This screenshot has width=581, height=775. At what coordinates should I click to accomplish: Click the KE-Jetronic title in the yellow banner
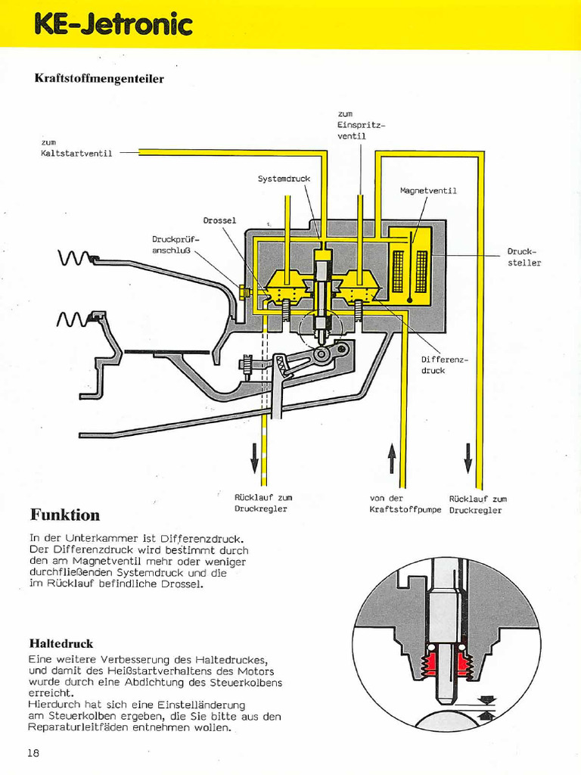pos(113,24)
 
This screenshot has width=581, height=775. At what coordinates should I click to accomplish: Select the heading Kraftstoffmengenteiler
pos(99,78)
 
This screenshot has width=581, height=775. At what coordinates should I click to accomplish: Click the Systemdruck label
pos(284,179)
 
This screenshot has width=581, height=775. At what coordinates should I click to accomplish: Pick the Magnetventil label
pos(428,191)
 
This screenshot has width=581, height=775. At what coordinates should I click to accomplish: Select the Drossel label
pos(219,220)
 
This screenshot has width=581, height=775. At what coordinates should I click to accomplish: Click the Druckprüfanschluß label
pos(175,244)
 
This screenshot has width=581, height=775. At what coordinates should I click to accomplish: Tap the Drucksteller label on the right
pos(524,257)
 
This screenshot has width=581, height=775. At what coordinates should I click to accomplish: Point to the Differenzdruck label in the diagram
pos(444,365)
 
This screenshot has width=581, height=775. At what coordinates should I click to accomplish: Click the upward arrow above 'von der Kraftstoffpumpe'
pos(392,459)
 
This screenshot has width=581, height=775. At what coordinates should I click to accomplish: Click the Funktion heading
pos(65,515)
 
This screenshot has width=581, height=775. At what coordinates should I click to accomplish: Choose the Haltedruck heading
pos(61,643)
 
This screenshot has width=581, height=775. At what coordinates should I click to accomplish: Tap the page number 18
pos(33,752)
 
